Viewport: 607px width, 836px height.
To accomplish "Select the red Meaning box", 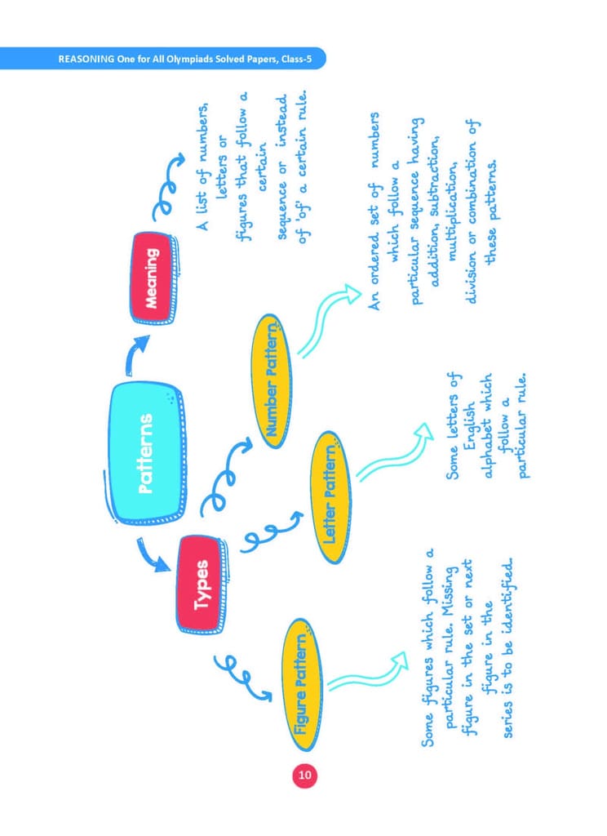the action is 153,278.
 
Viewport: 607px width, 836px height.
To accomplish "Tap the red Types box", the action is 201,585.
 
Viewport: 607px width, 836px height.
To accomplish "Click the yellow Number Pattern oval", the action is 272,382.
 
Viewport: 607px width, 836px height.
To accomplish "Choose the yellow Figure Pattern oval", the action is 301,684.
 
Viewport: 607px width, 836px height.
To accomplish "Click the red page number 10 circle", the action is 304,775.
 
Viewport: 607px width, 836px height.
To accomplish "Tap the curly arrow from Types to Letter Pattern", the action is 269,531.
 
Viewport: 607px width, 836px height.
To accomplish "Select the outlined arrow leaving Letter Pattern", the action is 394,453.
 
